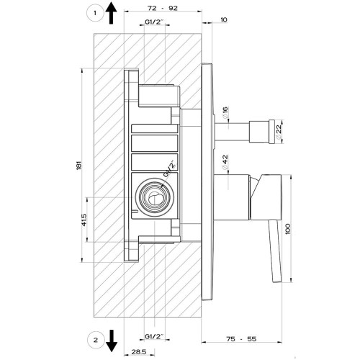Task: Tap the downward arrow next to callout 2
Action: pyautogui.click(x=112, y=339)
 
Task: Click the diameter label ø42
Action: pyautogui.click(x=225, y=161)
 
